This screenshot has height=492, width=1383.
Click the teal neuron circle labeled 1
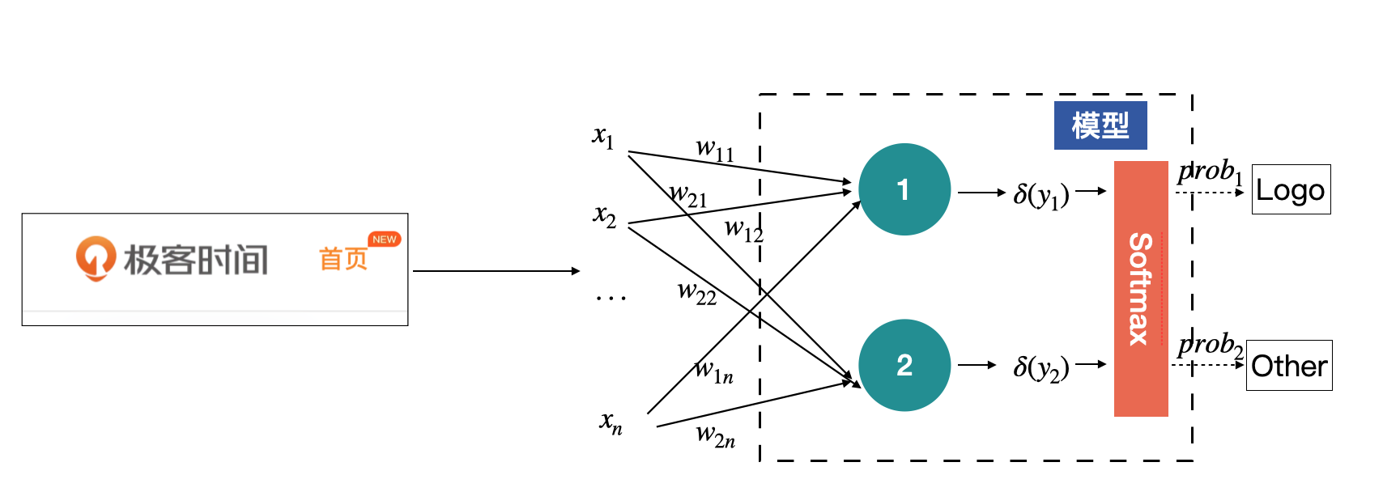pyautogui.click(x=904, y=189)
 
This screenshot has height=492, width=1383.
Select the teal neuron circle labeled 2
pyautogui.click(x=904, y=365)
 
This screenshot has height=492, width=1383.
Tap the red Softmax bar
pyautogui.click(x=1141, y=289)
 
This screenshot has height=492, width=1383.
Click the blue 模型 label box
pyautogui.click(x=1100, y=125)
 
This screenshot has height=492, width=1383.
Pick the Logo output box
pyautogui.click(x=1291, y=190)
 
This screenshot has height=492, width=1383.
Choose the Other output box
pyautogui.click(x=1289, y=366)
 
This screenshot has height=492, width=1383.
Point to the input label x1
pyautogui.click(x=603, y=137)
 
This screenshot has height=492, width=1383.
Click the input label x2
pyautogui.click(x=605, y=215)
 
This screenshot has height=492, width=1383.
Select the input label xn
pyautogui.click(x=611, y=422)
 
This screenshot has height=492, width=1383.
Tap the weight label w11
pyautogui.click(x=715, y=150)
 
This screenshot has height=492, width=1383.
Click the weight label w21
pyautogui.click(x=688, y=196)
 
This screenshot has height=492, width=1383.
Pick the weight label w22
pyautogui.click(x=697, y=292)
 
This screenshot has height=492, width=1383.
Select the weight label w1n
pyautogui.click(x=714, y=372)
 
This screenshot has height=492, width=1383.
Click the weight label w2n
pyautogui.click(x=716, y=436)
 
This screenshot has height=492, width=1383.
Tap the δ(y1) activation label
pyautogui.click(x=1041, y=194)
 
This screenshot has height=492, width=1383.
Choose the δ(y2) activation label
pyautogui.click(x=1041, y=368)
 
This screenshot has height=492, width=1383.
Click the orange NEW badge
pyautogui.click(x=385, y=240)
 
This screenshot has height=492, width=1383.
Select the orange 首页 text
pyautogui.click(x=343, y=259)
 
